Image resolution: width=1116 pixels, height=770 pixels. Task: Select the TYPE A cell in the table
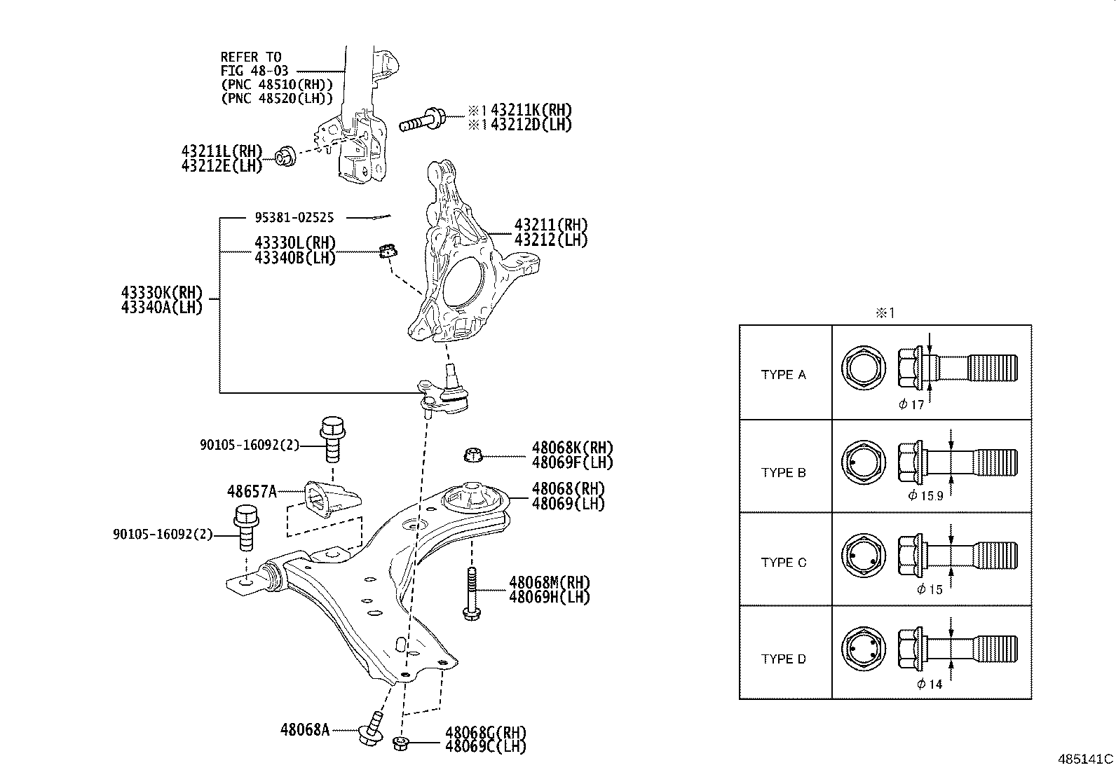tap(783, 374)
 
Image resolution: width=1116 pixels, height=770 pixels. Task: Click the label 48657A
tap(252, 491)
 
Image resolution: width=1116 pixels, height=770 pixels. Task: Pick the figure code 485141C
tap(1085, 759)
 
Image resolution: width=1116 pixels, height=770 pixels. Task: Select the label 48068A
tap(304, 729)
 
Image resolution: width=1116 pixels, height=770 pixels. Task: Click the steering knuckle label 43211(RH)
tap(551, 225)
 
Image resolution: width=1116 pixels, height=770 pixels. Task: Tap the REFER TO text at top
tap(251, 57)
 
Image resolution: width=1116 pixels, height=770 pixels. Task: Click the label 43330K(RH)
tap(161, 292)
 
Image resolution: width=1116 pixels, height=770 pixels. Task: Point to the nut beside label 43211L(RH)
tap(285, 156)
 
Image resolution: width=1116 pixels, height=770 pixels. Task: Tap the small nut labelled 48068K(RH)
tap(473, 456)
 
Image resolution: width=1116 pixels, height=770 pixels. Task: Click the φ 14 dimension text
tap(930, 684)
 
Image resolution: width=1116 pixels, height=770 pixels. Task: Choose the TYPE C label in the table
tap(783, 562)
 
